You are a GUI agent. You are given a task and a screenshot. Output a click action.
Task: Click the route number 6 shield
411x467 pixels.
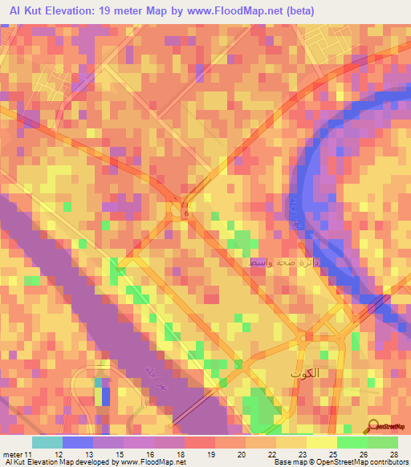[186, 214]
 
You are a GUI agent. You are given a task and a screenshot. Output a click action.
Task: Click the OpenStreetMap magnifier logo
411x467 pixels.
[374, 428]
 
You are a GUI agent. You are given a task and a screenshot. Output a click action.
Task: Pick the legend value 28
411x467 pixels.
[394, 454]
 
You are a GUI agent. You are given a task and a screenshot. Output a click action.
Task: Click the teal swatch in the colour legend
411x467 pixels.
[47, 442]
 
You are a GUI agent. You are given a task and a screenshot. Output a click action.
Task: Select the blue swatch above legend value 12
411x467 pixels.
[78, 442]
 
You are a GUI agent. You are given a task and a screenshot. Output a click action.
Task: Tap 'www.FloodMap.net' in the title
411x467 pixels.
[246, 10]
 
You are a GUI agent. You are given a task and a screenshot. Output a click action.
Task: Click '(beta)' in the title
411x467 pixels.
[302, 10]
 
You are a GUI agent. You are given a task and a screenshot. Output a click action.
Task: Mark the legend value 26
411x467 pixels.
[364, 454]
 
